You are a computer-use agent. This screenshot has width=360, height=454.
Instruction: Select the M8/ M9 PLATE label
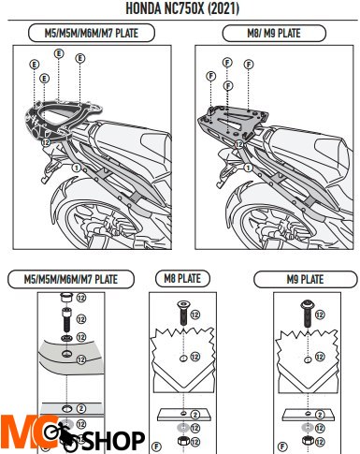tap(274, 34)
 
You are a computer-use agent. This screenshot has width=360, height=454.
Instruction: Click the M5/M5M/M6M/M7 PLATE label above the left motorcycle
tap(91, 34)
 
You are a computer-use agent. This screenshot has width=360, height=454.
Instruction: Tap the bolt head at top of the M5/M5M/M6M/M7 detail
tap(65, 301)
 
